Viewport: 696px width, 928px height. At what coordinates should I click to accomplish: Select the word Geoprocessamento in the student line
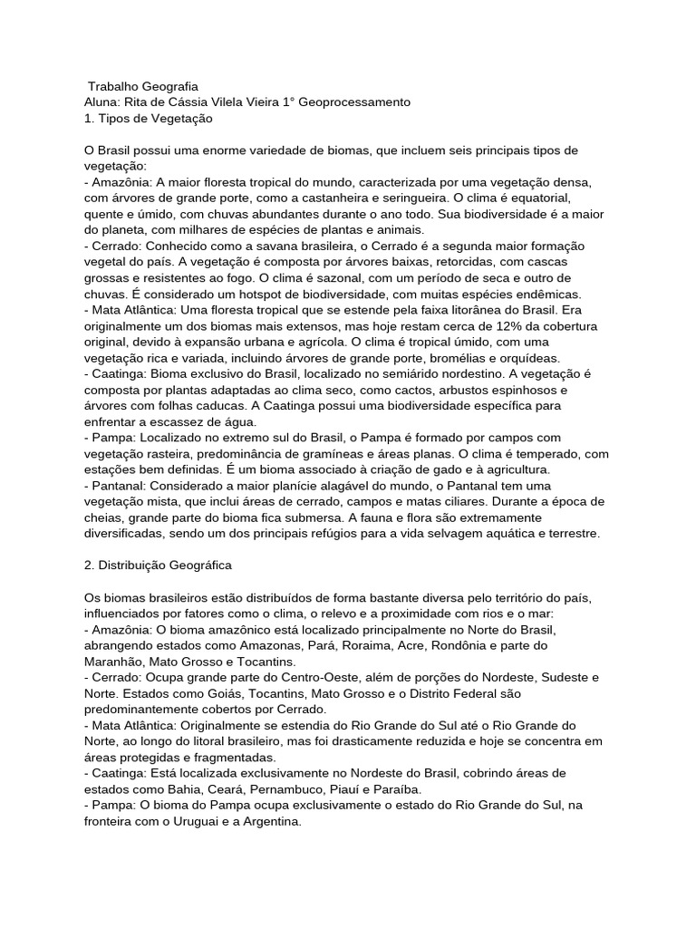(356, 102)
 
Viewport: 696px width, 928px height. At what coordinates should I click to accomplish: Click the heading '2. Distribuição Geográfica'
(158, 565)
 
